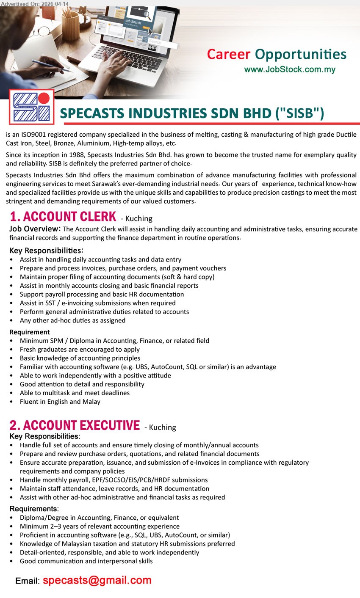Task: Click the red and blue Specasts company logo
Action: tap(32, 107)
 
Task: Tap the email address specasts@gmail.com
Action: tap(97, 580)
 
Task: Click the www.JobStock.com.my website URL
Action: tap(290, 69)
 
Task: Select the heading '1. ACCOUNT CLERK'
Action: tap(63, 217)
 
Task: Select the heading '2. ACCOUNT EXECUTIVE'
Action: tap(75, 425)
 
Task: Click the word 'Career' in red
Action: tap(229, 55)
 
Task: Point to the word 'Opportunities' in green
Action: tap(301, 55)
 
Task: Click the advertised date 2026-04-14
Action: tap(55, 3)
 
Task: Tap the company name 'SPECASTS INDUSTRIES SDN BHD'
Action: tap(166, 113)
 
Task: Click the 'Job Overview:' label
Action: tap(35, 229)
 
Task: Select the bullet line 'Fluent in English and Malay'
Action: tap(60, 402)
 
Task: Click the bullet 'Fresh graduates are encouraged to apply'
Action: tap(80, 350)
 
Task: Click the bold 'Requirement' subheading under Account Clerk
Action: tap(30, 332)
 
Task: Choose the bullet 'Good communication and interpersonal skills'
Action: tap(86, 561)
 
